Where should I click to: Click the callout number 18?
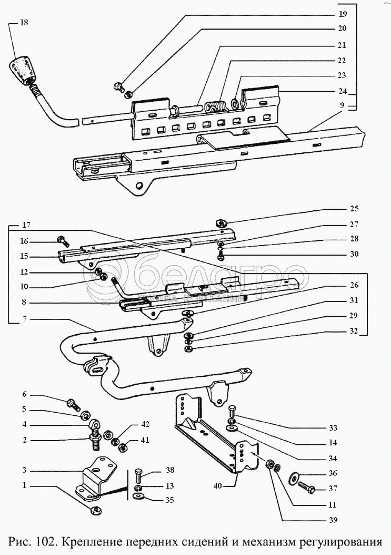point(24,23)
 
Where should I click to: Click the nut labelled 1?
point(96,510)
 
